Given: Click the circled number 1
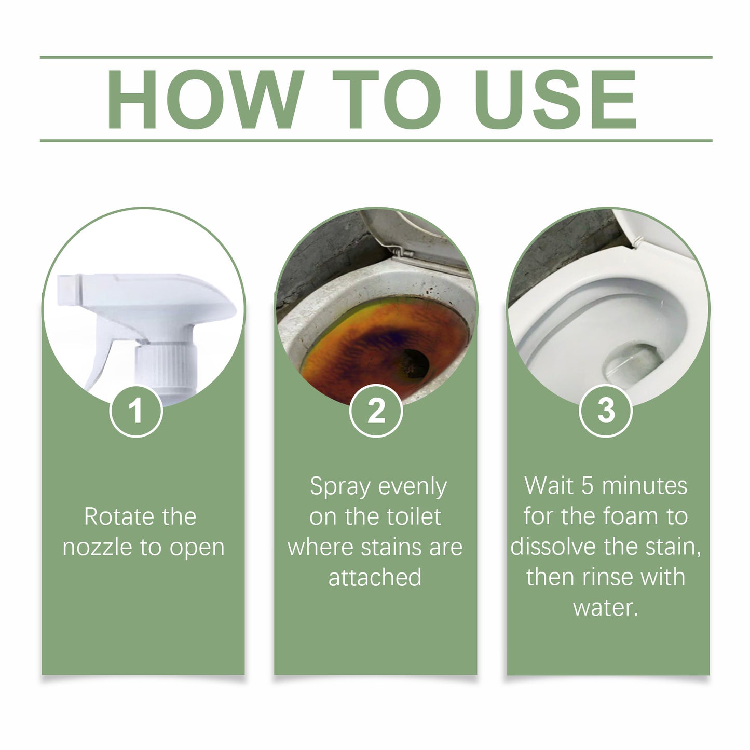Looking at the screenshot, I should pos(136,411).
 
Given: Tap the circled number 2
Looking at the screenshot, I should pos(376,411).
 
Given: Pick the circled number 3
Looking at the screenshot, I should pos(605,411).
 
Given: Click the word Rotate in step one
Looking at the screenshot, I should pos(112,517).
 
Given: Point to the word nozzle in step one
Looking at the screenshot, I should pos(98,548).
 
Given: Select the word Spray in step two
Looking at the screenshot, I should pos(340,487).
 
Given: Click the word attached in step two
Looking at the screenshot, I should pos(375,577).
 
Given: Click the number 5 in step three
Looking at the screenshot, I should pos(587,486).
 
